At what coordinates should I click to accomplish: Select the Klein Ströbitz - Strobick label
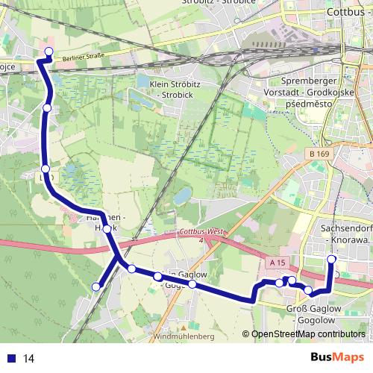tap(176, 91)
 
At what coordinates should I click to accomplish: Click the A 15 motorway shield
tap(278, 263)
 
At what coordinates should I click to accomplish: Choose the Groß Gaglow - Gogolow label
tap(312, 313)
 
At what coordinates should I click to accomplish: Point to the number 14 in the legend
tap(28, 359)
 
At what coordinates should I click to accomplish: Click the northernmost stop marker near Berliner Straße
tap(49, 51)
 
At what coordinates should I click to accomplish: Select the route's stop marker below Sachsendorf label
tap(331, 259)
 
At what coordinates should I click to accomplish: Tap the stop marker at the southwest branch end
tap(95, 287)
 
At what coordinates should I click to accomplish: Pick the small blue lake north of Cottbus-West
tap(182, 196)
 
